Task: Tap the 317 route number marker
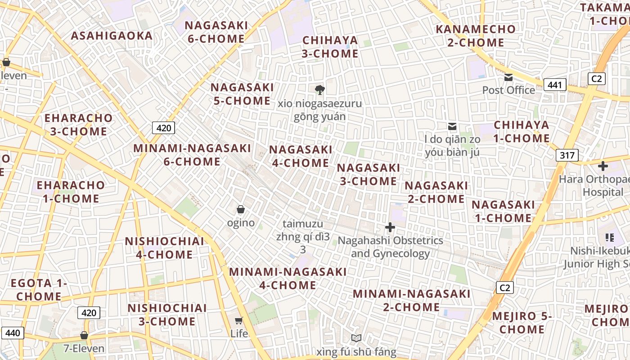[567, 155]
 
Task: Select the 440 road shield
[13, 333]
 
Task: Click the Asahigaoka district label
[112, 36]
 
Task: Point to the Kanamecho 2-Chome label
[476, 36]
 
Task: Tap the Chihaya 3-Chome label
[330, 47]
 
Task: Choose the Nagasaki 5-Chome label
[242, 94]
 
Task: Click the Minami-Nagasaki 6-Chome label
[192, 155]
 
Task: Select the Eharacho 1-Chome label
[71, 192]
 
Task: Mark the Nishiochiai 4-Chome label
[165, 248]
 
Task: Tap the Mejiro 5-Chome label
[522, 323]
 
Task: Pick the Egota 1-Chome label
[39, 290]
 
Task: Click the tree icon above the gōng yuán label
[320, 90]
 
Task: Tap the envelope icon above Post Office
[508, 77]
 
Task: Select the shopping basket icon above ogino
[241, 209]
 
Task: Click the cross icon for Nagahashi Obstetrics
[390, 227]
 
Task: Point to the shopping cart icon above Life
[239, 320]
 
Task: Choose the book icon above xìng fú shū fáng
[356, 338]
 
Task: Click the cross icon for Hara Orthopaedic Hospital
[603, 166]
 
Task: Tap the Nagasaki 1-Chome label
[503, 211]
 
